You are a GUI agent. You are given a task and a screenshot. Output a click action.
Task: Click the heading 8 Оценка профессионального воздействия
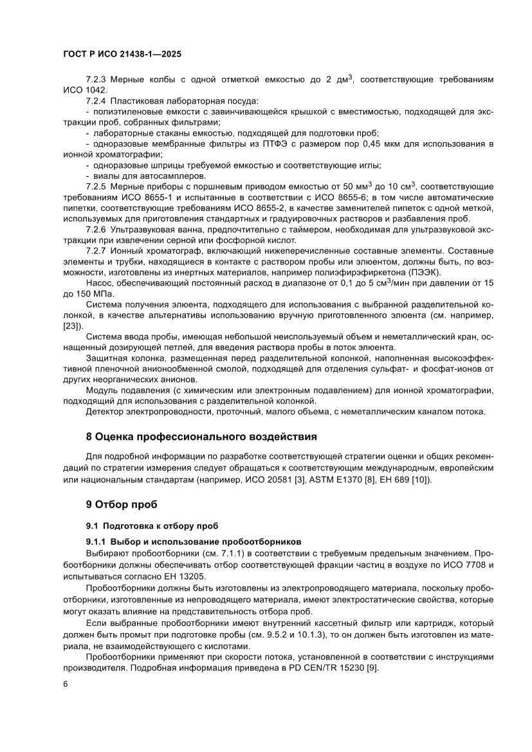point(201,437)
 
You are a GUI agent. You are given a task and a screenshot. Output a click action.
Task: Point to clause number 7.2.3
point(96,79)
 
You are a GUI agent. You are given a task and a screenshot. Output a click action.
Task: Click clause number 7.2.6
point(96,229)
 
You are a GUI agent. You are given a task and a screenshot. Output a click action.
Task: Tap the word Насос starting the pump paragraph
point(100,283)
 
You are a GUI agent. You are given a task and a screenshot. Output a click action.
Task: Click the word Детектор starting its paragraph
point(106,411)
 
